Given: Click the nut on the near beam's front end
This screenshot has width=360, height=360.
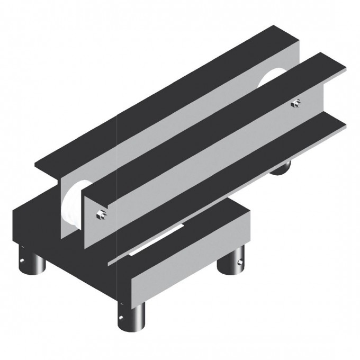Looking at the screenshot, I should point(101,214).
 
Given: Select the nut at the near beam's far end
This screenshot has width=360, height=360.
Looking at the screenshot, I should point(298,103).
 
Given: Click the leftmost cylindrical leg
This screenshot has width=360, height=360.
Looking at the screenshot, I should point(33,262).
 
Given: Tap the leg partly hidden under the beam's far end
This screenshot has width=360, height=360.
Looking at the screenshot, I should point(280,168).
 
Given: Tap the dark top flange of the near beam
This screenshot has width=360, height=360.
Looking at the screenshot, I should point(212,127).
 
